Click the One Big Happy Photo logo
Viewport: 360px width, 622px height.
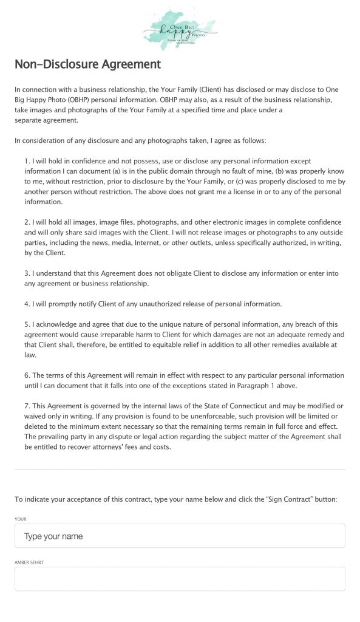179,29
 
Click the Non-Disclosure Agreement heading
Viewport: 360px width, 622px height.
87,64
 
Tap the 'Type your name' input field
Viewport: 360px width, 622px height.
180,536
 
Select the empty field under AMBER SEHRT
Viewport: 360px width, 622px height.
180,579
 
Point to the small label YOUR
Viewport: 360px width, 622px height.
21,519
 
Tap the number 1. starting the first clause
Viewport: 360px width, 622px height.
27,161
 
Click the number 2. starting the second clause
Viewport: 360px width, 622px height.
27,222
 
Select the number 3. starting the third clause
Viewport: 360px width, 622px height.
27,273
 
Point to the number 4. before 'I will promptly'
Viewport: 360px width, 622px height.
27,304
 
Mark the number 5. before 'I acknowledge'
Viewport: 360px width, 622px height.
27,324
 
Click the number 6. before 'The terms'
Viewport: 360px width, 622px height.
27,375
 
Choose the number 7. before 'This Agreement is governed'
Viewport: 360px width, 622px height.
27,406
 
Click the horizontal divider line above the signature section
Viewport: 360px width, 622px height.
180,470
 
